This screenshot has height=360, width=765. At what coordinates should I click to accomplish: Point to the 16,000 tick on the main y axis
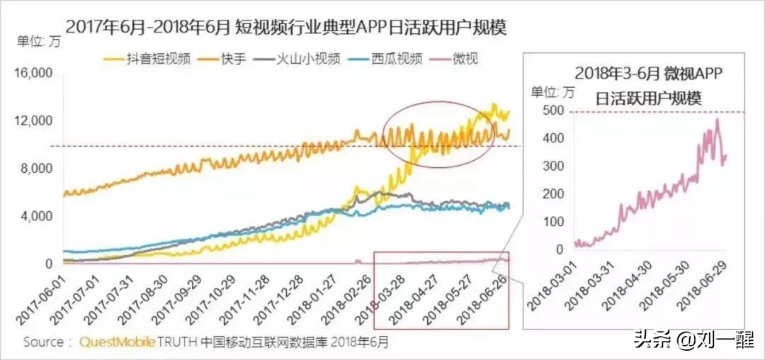tap(35, 73)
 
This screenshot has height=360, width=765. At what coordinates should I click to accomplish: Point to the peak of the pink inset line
tap(717, 120)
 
